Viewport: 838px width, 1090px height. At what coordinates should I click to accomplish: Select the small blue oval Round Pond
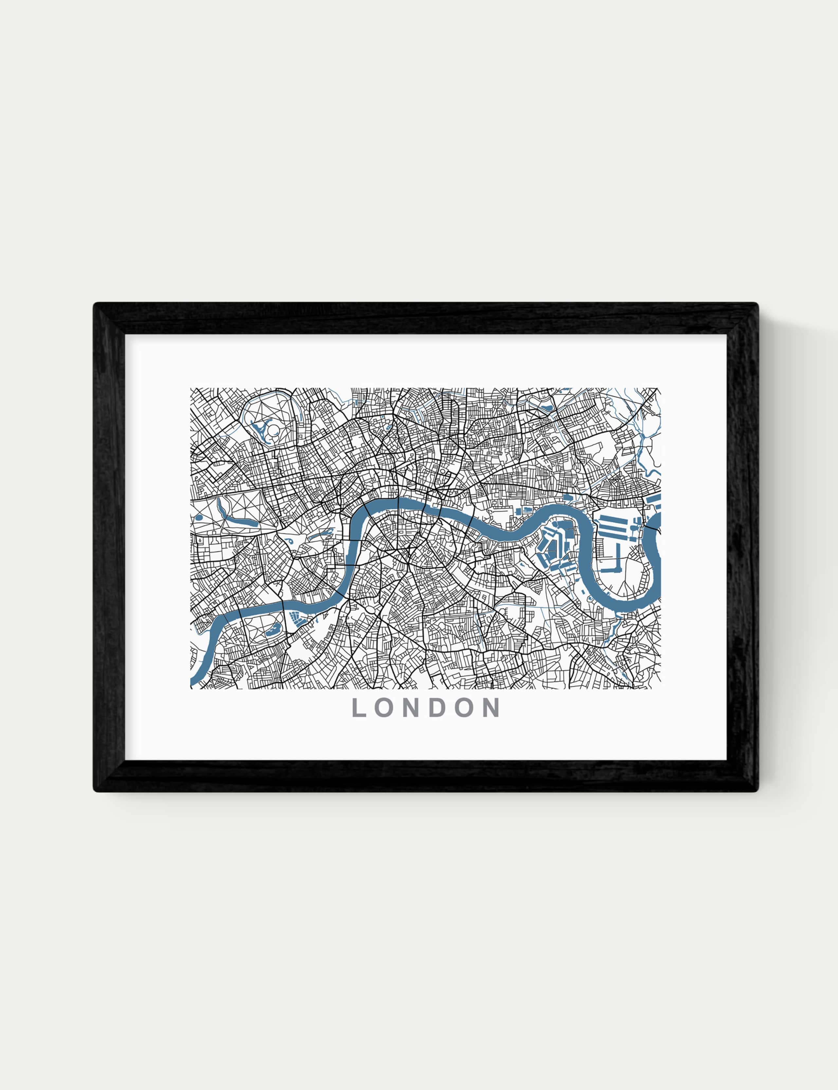[x=200, y=517]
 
